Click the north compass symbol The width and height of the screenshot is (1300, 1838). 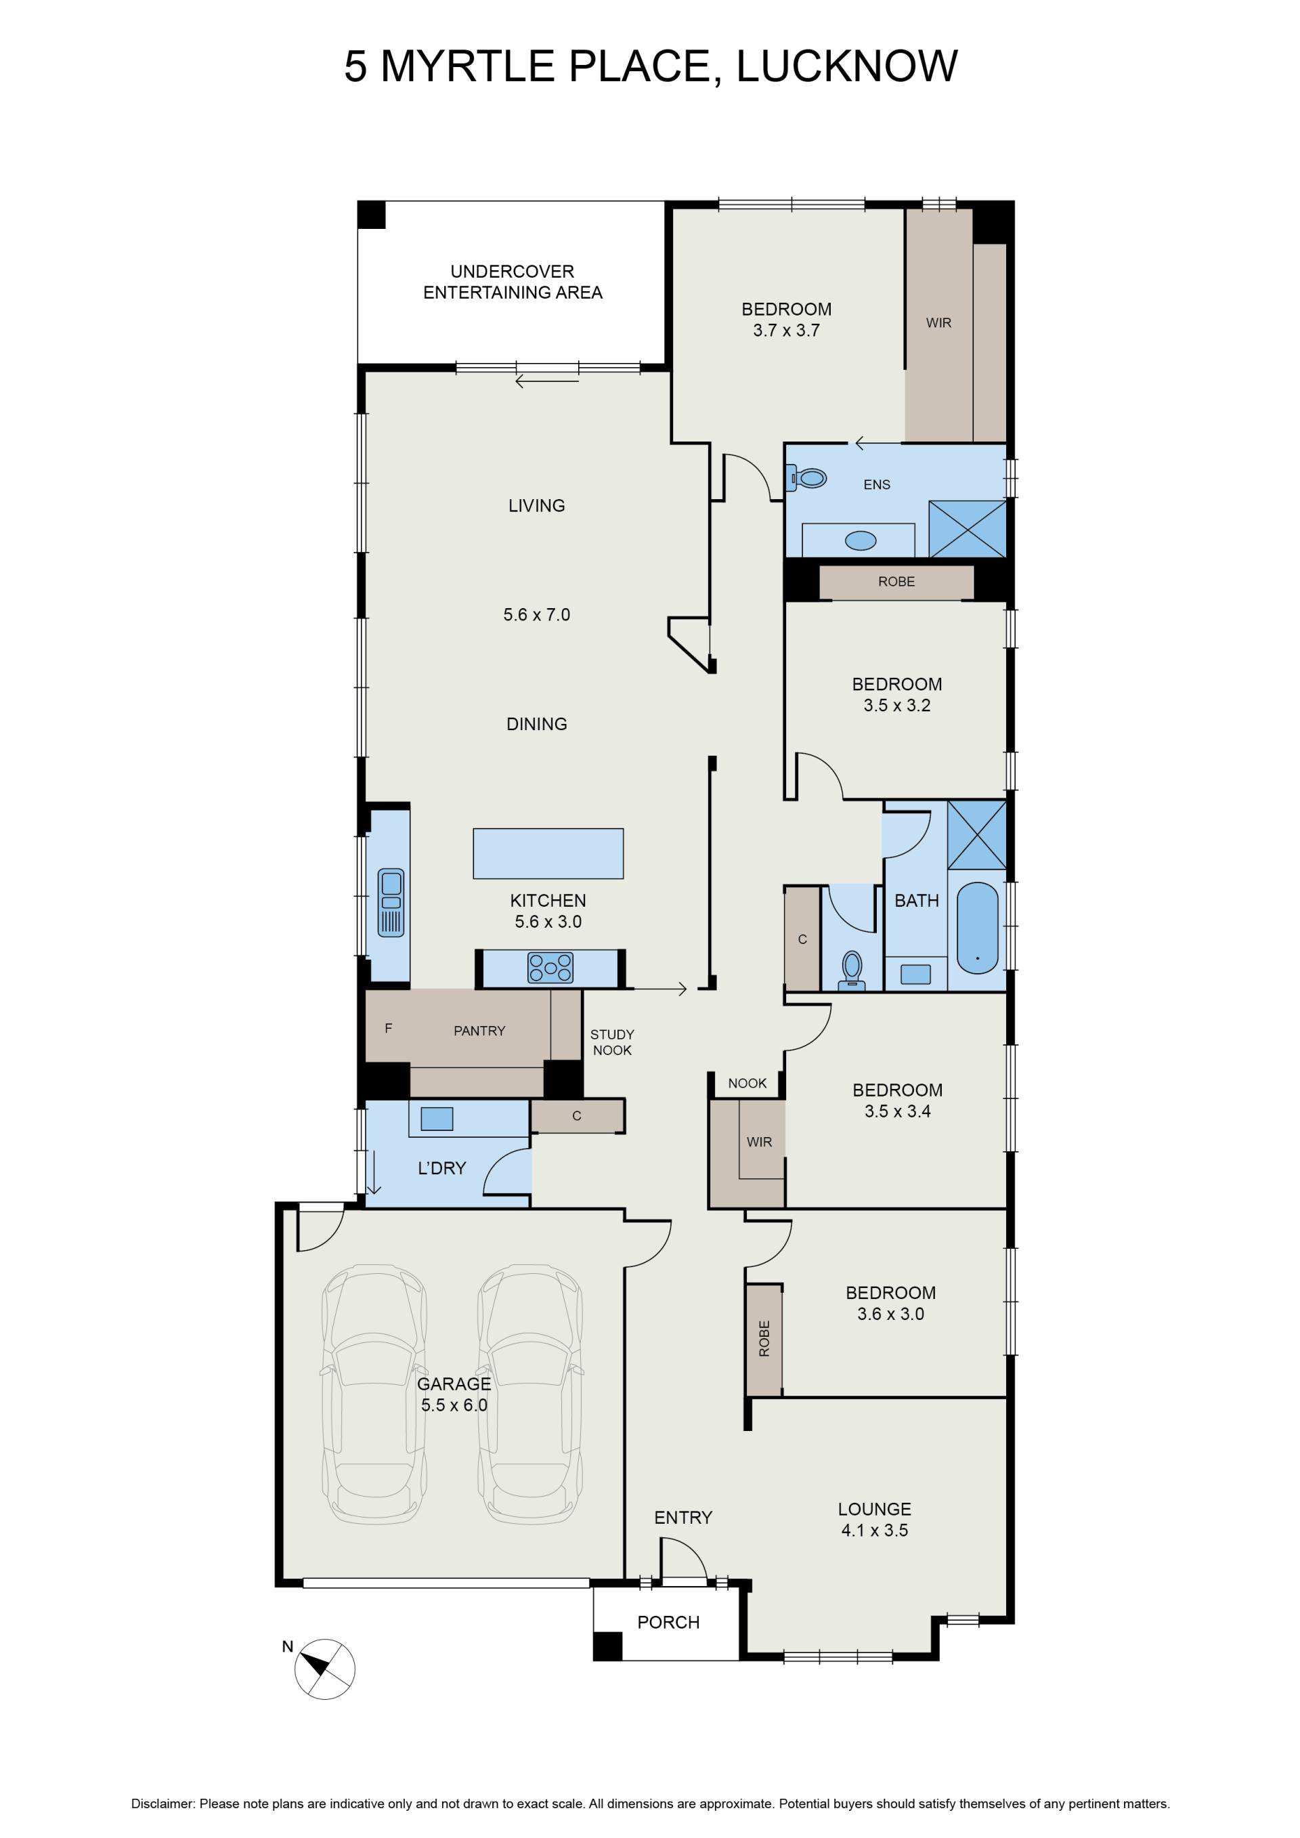click(324, 1669)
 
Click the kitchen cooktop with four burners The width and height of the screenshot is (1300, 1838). click(550, 967)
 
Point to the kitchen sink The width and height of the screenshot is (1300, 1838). click(391, 903)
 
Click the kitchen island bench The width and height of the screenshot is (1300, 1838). click(548, 853)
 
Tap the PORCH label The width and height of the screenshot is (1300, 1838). click(668, 1622)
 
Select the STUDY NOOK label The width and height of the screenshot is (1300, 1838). click(612, 1042)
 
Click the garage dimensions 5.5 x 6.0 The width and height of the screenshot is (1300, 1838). click(454, 1404)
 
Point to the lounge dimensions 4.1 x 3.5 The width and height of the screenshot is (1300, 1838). click(874, 1530)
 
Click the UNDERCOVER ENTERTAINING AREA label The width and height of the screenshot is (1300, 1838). click(513, 282)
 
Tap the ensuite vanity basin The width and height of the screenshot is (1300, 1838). click(861, 541)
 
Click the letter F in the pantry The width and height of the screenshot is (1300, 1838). click(388, 1029)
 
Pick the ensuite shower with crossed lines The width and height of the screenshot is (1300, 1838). click(967, 528)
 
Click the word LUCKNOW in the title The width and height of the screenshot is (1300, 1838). click(846, 66)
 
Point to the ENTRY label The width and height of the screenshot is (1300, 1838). click(682, 1517)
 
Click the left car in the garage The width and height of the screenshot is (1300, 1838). click(374, 1394)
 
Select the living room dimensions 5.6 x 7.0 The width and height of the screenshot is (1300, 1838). click(536, 615)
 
